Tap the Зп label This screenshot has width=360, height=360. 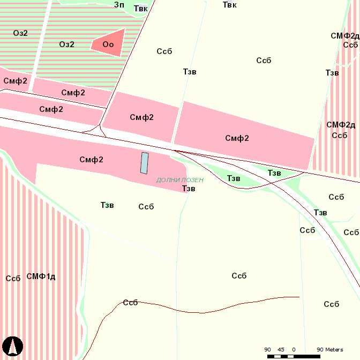(119, 5)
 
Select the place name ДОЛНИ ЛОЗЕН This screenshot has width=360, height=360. (180, 180)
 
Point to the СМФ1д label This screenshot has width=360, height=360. (41, 276)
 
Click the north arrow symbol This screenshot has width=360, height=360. (12, 347)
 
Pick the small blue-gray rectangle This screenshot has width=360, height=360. (144, 163)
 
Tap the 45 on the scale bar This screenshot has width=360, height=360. (280, 350)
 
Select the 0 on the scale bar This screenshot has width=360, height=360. (294, 350)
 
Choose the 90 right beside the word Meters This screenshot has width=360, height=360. (320, 350)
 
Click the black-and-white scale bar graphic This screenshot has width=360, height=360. (294, 356)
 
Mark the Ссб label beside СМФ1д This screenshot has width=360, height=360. (13, 279)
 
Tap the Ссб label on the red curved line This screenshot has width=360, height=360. (130, 303)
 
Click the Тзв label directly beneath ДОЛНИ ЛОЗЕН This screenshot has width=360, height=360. (189, 189)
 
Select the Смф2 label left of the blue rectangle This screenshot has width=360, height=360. (91, 160)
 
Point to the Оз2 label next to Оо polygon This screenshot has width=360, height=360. (67, 44)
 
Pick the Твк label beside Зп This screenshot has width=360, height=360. (140, 9)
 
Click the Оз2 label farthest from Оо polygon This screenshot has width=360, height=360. (20, 33)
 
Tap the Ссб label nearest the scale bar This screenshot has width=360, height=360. (332, 304)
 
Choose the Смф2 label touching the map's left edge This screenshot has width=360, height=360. (15, 81)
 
